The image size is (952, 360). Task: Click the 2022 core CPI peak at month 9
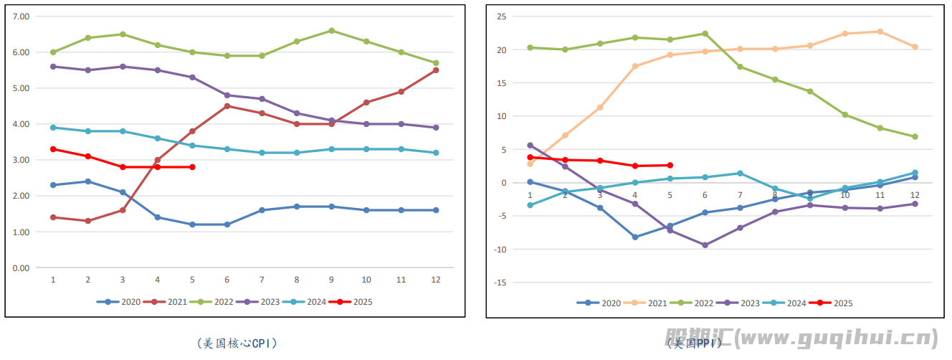[331, 31]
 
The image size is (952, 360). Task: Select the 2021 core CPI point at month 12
[436, 70]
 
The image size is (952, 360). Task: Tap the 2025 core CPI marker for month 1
[53, 149]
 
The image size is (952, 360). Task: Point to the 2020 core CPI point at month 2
[87, 181]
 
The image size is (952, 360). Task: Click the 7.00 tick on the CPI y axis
[22, 16]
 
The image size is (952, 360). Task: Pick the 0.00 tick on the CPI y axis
[22, 268]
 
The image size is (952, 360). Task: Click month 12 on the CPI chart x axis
[436, 280]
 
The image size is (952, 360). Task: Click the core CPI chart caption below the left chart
[236, 344]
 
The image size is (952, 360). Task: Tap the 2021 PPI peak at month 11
[880, 32]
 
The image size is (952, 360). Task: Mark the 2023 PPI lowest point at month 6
[705, 245]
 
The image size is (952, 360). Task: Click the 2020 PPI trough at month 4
[635, 237]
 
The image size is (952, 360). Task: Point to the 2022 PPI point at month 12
[915, 136]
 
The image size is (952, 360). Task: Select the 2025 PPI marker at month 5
[670, 165]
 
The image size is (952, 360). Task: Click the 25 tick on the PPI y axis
[502, 16]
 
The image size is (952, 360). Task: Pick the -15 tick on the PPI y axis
[500, 283]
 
